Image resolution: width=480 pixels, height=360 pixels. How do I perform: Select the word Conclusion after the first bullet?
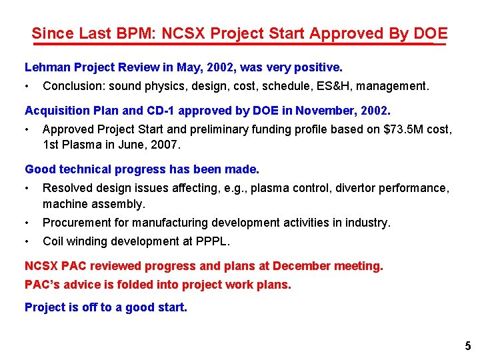click(x=73, y=86)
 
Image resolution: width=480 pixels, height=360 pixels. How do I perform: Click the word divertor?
click(x=353, y=188)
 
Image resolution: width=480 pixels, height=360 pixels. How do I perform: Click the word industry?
click(x=369, y=223)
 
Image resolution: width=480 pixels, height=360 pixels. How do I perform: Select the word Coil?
click(x=53, y=242)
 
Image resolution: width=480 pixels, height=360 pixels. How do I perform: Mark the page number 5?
click(x=467, y=346)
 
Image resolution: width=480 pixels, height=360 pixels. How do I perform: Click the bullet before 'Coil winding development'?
click(x=27, y=242)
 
